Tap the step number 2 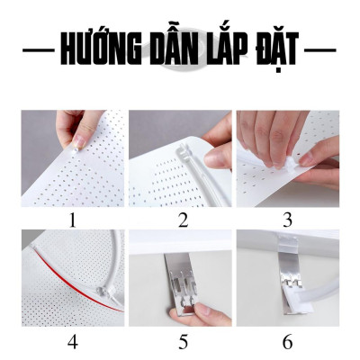pyautogui.click(x=181, y=219)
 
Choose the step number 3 pyautogui.click(x=288, y=219)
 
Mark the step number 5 pyautogui.click(x=181, y=342)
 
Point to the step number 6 pyautogui.click(x=288, y=342)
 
